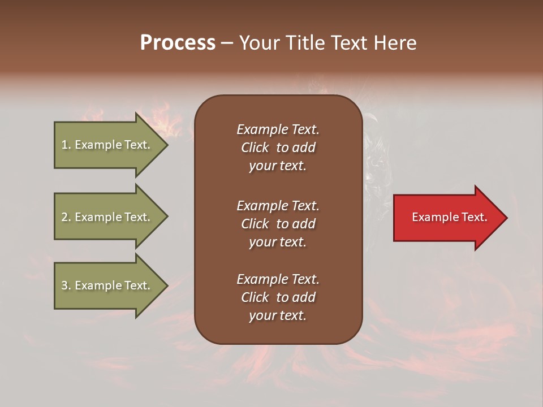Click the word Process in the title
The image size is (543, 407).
click(178, 43)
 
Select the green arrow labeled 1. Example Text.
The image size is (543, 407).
click(107, 145)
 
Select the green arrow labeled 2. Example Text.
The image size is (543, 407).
click(107, 217)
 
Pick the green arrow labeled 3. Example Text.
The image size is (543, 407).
click(107, 285)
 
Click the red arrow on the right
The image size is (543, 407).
click(447, 218)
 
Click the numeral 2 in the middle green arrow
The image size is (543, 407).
click(64, 217)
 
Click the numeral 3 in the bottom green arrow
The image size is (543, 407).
click(64, 285)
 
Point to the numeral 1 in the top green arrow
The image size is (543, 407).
click(64, 145)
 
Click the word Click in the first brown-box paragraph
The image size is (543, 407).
click(255, 148)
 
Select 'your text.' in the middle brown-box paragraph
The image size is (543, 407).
click(278, 242)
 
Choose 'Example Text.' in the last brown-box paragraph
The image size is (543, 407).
click(278, 279)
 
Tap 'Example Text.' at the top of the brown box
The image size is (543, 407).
click(278, 129)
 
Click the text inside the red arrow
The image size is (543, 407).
click(449, 217)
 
